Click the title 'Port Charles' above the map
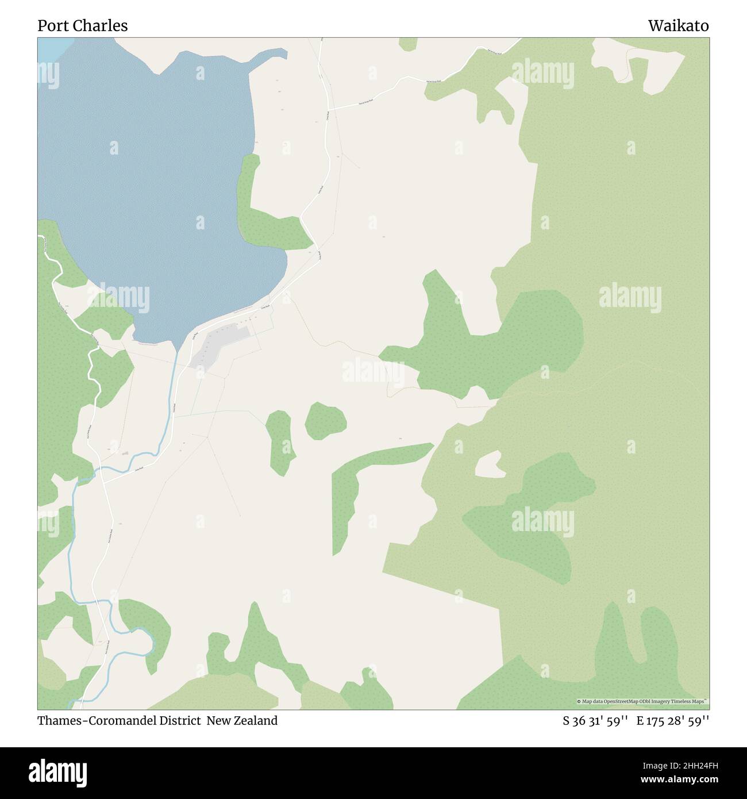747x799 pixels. pos(83,26)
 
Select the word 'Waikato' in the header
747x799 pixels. pos(678,26)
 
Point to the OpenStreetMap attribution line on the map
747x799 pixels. pos(642,701)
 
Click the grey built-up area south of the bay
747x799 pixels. pos(218,345)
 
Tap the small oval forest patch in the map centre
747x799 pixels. pos(325,421)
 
